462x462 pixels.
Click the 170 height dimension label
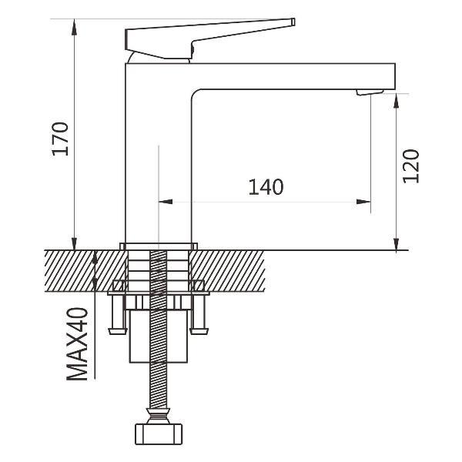60,139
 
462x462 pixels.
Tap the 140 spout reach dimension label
266,187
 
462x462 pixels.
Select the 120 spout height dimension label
410,166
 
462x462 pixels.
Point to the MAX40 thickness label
77,344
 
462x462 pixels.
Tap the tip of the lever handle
293,22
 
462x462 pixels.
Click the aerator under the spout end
370,92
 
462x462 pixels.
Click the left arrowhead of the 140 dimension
166,202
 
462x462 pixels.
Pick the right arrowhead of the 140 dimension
363,202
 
